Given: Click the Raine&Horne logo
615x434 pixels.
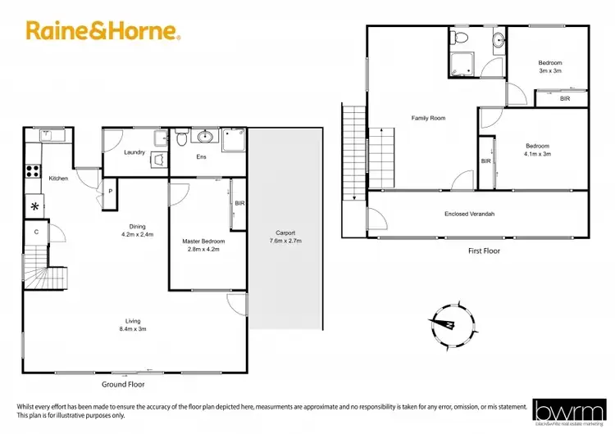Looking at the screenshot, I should [103, 32].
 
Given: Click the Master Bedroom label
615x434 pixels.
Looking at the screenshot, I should [203, 246].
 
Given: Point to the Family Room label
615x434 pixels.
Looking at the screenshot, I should [428, 118].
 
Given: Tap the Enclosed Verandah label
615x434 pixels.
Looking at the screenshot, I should [470, 215].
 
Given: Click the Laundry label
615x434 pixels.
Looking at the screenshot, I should [134, 152].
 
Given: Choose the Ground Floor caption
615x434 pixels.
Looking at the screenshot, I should [124, 383].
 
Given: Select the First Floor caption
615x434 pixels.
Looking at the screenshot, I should [483, 251].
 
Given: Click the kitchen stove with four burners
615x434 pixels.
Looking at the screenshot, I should [34, 171].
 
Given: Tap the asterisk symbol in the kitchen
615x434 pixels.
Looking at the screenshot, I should [35, 206].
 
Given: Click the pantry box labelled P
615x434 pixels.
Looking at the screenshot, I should [110, 192].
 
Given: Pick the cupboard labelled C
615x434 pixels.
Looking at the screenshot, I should [36, 232].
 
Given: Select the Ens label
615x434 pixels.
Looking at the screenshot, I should [200, 157].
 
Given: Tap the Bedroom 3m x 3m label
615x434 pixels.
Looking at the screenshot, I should [550, 66].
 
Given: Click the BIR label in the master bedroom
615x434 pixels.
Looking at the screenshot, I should [239, 202].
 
